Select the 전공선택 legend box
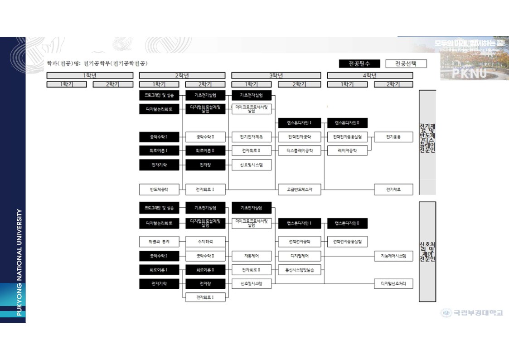coord(406,63)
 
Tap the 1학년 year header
coord(90,75)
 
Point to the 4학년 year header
coord(370,75)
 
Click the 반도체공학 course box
coord(159,189)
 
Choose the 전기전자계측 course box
coord(252,137)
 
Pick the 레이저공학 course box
coord(347,151)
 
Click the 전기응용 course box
coord(393,137)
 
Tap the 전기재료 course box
coord(393,189)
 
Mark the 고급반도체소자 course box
coord(300,189)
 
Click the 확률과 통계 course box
coord(159,242)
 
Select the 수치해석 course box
coord(205,242)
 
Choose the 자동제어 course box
coord(252,256)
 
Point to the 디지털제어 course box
coord(300,256)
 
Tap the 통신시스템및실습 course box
coord(300,270)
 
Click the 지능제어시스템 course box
coord(393,256)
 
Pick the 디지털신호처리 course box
coord(393,284)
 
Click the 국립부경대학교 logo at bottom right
coord(472,312)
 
